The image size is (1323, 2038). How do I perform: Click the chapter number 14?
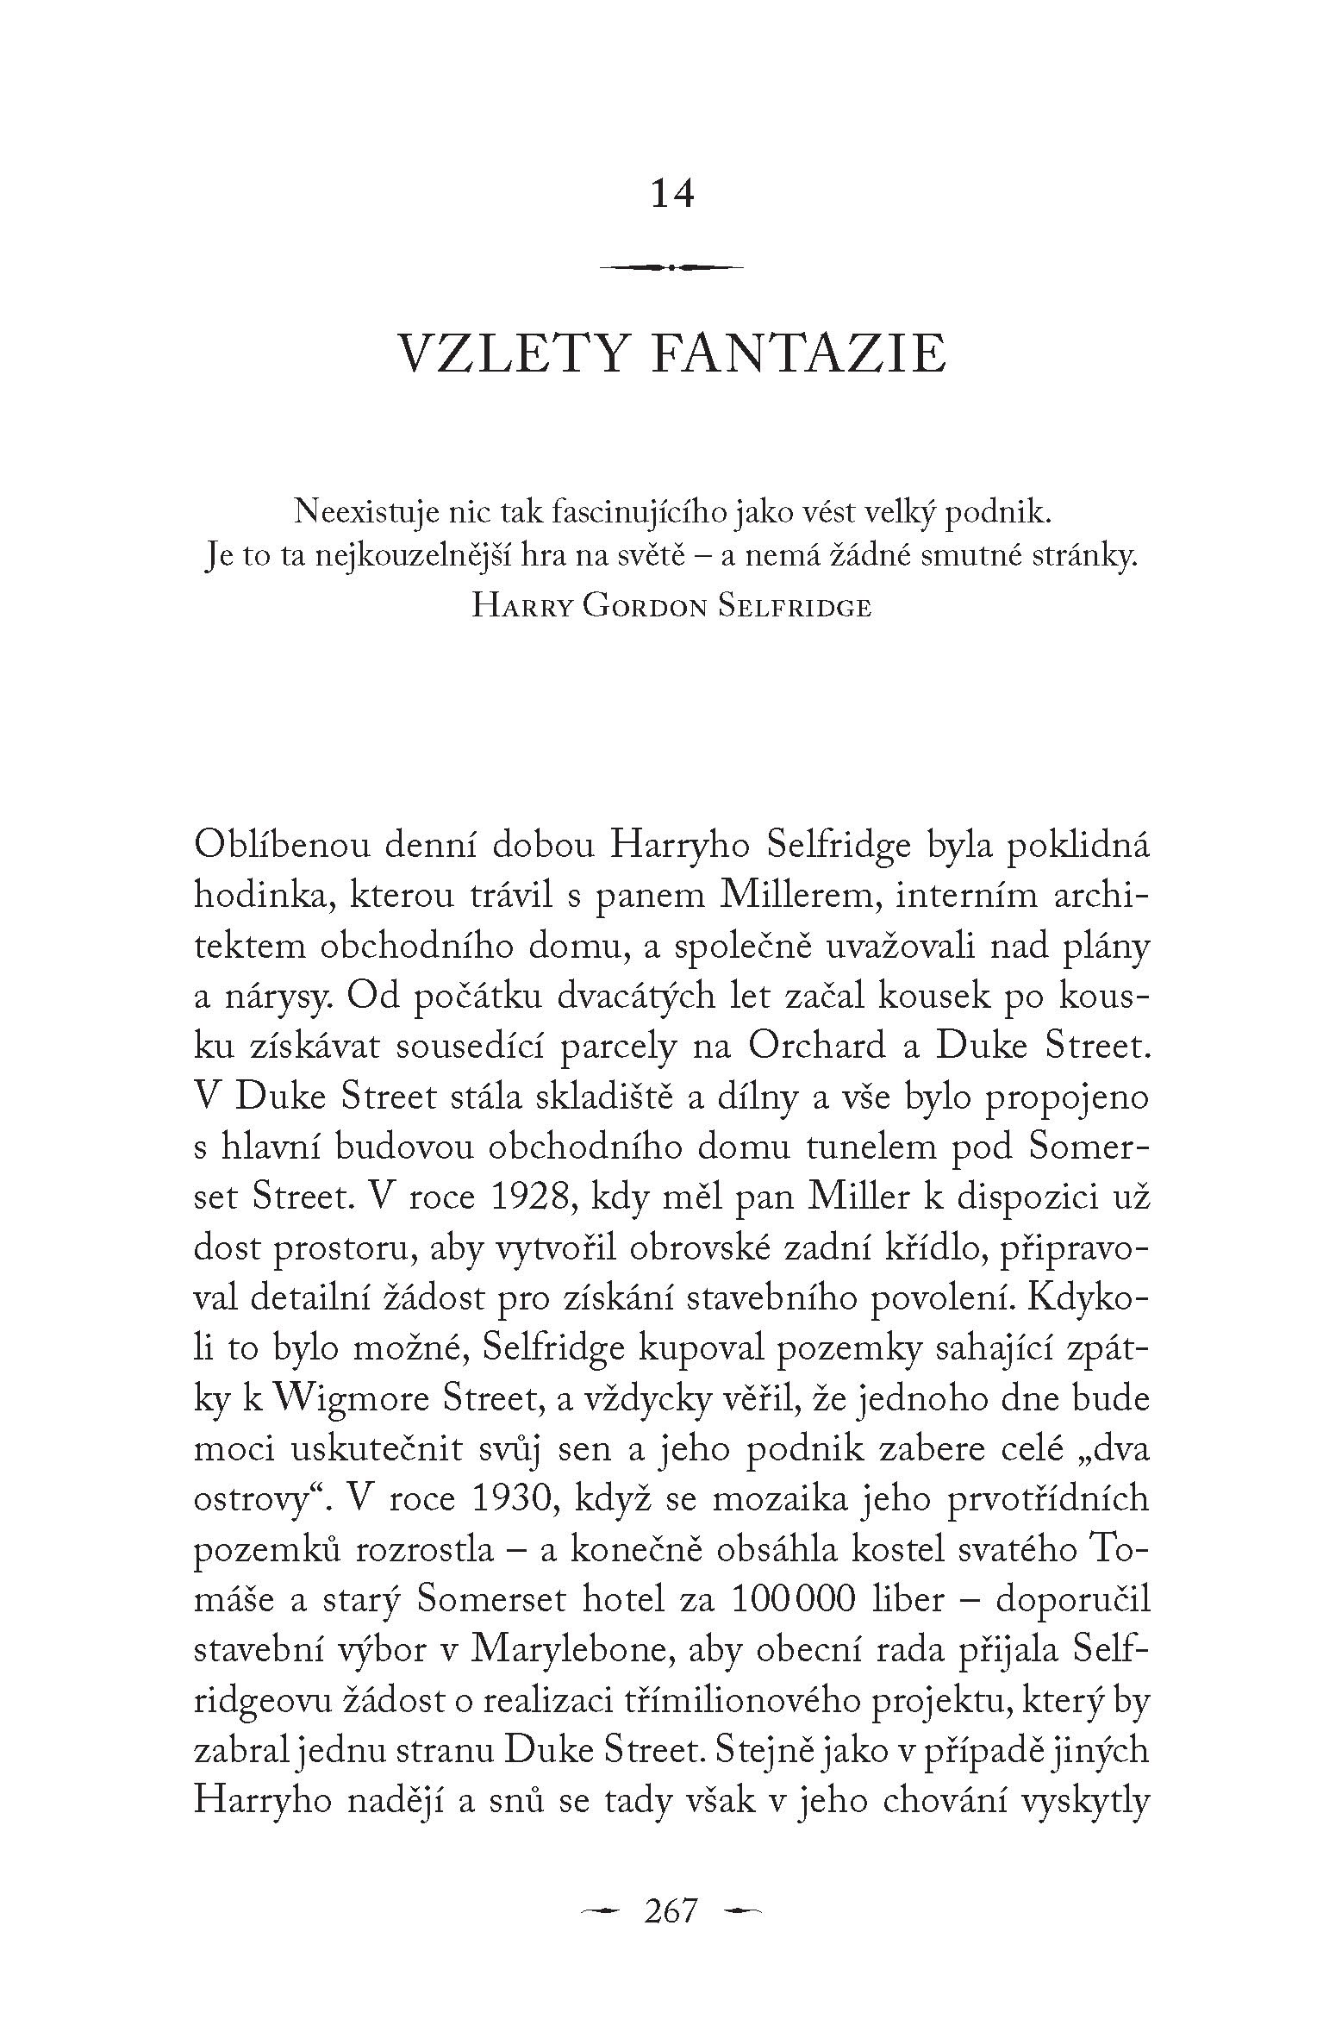tap(672, 194)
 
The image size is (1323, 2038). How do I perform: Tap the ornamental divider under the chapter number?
tap(671, 268)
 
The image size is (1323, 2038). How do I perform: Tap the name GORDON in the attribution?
tap(645, 607)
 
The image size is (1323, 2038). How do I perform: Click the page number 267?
tap(671, 1910)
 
